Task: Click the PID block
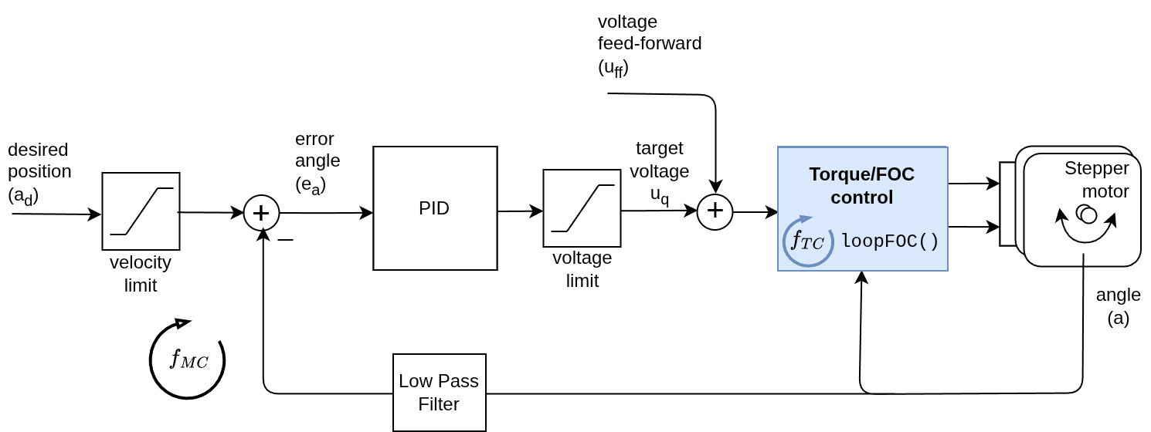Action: tap(435, 208)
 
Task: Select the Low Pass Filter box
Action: tap(439, 393)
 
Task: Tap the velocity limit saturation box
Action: tap(141, 211)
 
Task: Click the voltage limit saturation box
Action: tap(582, 208)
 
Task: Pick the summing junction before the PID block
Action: tap(261, 213)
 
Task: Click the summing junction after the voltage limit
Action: tap(715, 211)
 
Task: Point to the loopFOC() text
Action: tap(890, 241)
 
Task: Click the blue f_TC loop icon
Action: tap(807, 241)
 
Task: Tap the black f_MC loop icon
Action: tap(188, 359)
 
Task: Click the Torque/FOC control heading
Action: tap(861, 185)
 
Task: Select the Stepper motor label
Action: tap(1097, 179)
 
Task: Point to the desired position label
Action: tap(39, 173)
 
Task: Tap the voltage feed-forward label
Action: tap(649, 44)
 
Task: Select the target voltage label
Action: tap(659, 170)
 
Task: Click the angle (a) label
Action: tap(1118, 305)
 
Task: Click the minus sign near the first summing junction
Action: tap(285, 240)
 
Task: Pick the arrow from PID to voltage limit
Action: tap(520, 211)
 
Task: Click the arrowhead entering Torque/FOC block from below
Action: tap(861, 276)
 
